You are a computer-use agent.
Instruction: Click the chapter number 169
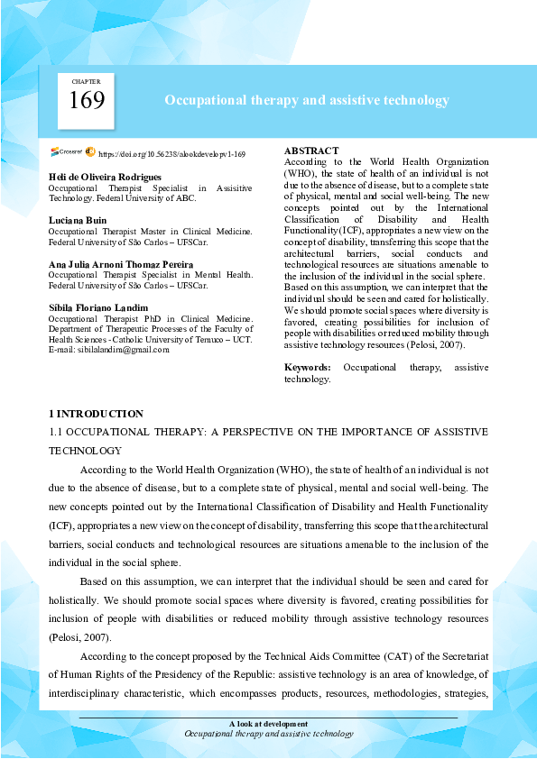click(87, 100)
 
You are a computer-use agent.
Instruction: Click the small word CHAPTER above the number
click(87, 81)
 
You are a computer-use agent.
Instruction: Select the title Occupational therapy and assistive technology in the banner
click(306, 101)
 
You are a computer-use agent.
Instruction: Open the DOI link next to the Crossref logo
click(171, 155)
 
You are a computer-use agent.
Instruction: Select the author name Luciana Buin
click(78, 219)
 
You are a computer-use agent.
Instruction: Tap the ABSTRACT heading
click(311, 151)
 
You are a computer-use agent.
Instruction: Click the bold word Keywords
click(308, 368)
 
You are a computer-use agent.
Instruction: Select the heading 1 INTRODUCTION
click(96, 414)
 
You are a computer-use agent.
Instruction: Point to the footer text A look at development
click(268, 724)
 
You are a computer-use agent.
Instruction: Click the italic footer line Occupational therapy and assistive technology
click(268, 734)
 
